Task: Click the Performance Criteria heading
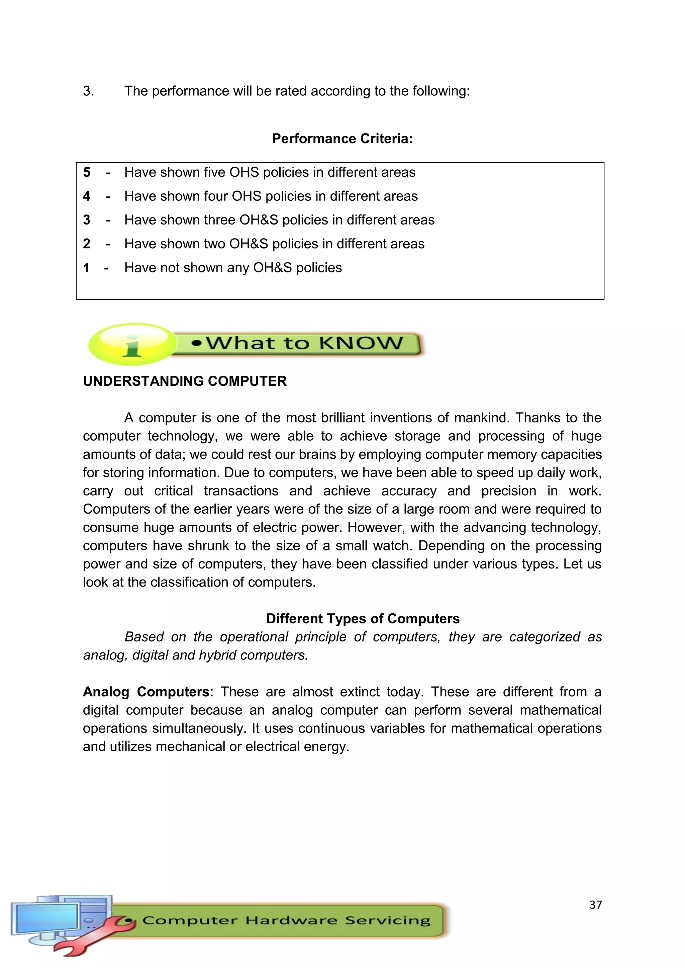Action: tap(342, 139)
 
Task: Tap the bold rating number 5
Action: tap(87, 172)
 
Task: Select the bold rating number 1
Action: tap(86, 268)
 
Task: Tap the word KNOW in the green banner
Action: tap(361, 343)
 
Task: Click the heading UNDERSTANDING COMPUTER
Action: tap(185, 381)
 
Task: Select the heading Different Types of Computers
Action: tap(363, 619)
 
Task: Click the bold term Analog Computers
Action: tap(146, 692)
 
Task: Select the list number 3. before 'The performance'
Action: tap(88, 91)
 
